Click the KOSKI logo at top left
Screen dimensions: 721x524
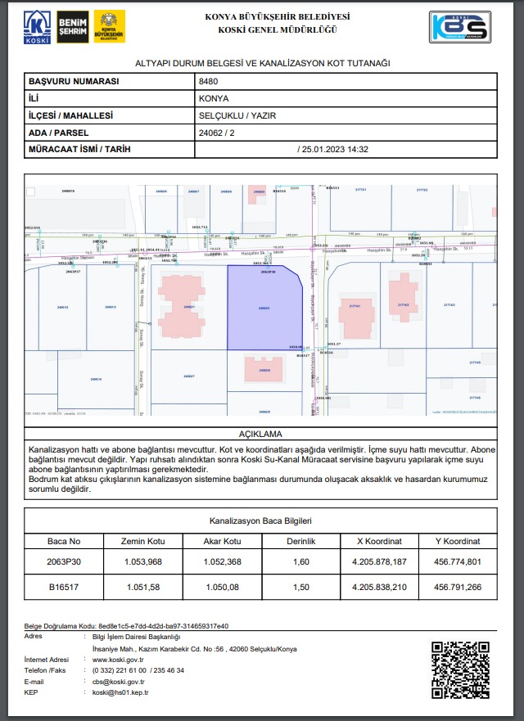36,27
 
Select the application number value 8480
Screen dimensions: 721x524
208,82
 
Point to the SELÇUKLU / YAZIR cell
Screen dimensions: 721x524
237,115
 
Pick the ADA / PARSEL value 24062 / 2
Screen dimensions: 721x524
218,133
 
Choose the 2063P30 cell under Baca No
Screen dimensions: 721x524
64,562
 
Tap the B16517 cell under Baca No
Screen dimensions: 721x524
64,586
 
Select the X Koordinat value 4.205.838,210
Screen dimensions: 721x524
379,586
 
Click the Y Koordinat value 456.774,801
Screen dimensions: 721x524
458,562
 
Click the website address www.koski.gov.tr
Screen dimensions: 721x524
119,659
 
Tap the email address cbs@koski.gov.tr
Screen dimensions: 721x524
119,681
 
